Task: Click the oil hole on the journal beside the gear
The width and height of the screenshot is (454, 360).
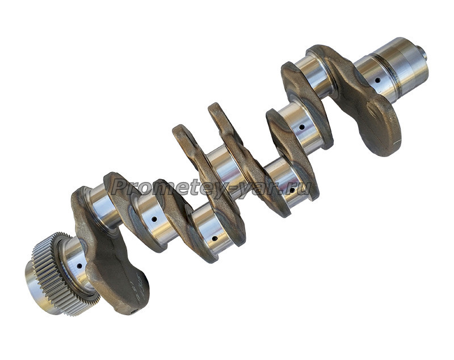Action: [79, 265]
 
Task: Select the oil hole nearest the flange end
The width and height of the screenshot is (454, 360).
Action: [377, 80]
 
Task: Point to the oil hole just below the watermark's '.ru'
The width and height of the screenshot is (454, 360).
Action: [292, 190]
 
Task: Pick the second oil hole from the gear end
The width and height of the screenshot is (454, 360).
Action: [154, 219]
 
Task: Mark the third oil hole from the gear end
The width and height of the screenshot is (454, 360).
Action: [215, 239]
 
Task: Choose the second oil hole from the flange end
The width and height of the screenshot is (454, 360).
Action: [302, 126]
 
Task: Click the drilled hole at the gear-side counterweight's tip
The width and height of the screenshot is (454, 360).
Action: [133, 312]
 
